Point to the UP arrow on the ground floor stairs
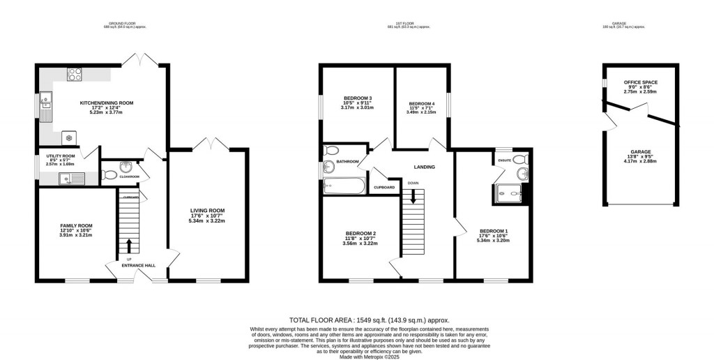click(x=128, y=246)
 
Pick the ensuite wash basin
click(x=522, y=173)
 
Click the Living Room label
click(x=208, y=210)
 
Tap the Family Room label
click(x=76, y=226)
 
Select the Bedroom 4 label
click(x=422, y=103)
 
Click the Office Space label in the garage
click(x=640, y=82)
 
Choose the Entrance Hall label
click(x=138, y=266)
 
